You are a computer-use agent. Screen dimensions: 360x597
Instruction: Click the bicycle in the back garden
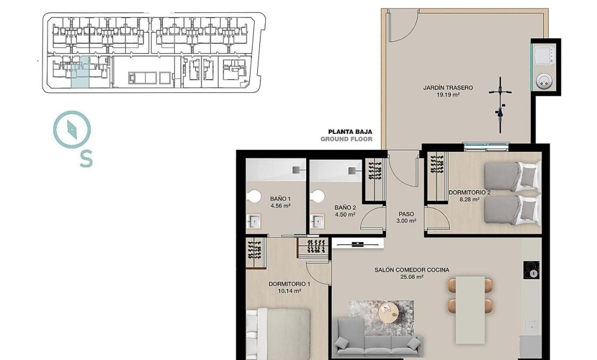click(x=499, y=105)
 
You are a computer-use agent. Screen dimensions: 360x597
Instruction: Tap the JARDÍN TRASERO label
click(x=447, y=88)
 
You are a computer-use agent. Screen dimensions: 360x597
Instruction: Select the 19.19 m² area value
click(x=447, y=95)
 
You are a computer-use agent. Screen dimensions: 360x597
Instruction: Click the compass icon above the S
click(x=72, y=129)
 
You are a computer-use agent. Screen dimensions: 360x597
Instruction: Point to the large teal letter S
click(x=86, y=159)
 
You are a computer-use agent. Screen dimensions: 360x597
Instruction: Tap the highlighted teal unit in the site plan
click(x=80, y=73)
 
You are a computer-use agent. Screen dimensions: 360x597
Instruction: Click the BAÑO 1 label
click(x=280, y=199)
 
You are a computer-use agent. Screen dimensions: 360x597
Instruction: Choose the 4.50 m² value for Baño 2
click(x=344, y=215)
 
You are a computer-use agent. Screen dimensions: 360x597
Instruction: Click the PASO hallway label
click(x=406, y=214)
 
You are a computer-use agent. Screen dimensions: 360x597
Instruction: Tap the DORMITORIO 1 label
click(x=290, y=284)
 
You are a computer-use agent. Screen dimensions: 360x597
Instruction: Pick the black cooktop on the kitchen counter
click(x=531, y=270)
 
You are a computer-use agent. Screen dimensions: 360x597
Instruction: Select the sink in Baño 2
click(x=318, y=220)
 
